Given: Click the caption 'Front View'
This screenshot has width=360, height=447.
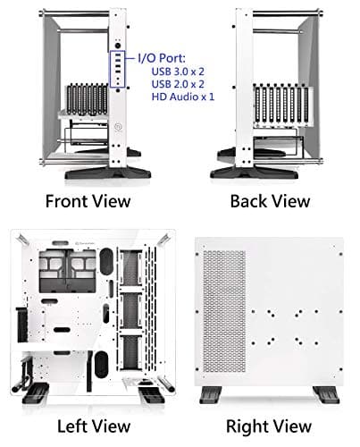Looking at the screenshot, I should pos(87,199).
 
